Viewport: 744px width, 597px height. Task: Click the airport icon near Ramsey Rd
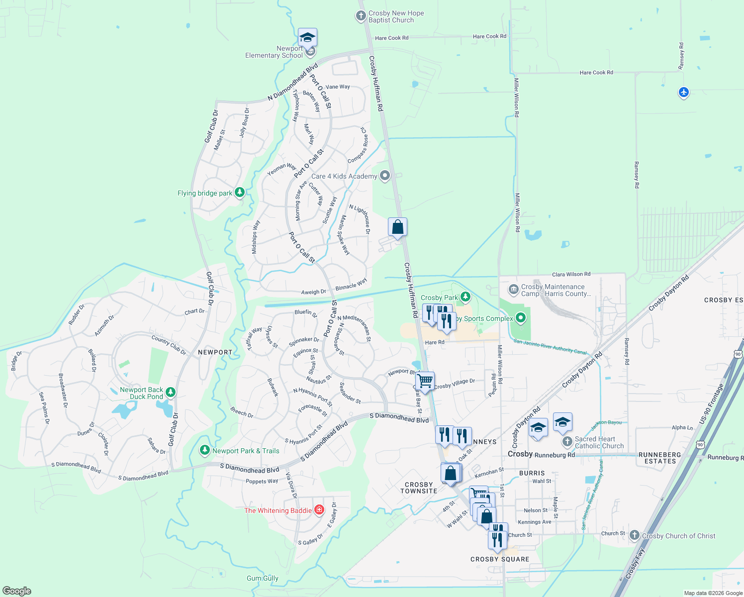click(x=684, y=92)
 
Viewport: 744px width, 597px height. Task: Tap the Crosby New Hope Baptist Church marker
click(x=361, y=16)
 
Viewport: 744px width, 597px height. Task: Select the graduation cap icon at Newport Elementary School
click(x=307, y=38)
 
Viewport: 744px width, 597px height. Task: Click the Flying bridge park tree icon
click(x=240, y=193)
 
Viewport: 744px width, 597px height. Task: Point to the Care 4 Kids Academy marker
click(x=385, y=176)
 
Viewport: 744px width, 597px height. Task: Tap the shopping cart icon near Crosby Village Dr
click(x=425, y=382)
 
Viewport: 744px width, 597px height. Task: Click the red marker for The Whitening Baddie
click(x=319, y=510)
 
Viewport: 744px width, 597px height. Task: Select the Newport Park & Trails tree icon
click(x=204, y=450)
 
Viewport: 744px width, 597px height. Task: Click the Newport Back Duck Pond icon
click(x=171, y=393)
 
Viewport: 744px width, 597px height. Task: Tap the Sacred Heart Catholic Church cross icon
click(x=567, y=442)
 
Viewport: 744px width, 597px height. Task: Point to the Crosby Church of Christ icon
click(x=634, y=535)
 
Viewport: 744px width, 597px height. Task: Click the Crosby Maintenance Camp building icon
click(x=513, y=290)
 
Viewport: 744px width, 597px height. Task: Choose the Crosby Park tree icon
click(x=465, y=297)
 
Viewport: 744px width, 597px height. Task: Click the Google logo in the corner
click(x=16, y=591)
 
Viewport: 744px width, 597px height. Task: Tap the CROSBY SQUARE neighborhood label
click(x=500, y=559)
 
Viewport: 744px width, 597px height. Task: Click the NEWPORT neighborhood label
click(x=215, y=352)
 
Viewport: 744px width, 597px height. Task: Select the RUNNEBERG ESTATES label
click(x=659, y=458)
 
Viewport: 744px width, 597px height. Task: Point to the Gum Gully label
click(x=263, y=578)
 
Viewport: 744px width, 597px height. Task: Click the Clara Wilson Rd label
click(x=571, y=274)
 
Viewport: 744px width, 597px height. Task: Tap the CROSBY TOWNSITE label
click(x=419, y=488)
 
